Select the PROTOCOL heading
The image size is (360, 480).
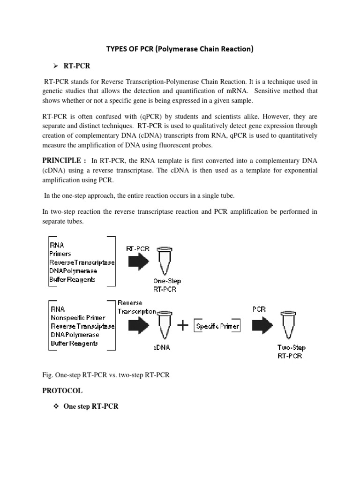pyautogui.click(x=62, y=390)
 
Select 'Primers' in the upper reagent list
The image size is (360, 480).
pyautogui.click(x=60, y=254)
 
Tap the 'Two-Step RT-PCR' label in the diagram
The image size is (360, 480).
pyautogui.click(x=290, y=352)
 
